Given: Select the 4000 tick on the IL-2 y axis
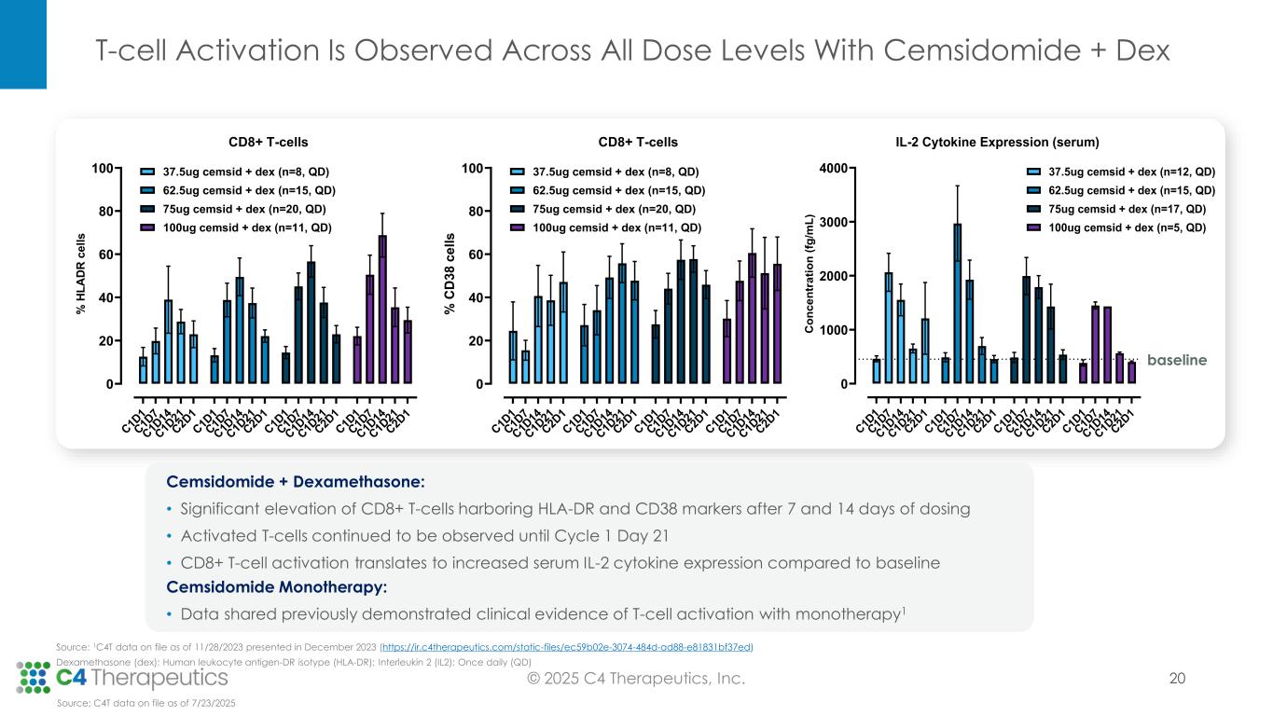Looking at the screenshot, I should (832, 169).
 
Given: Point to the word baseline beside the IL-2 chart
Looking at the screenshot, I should (1177, 360).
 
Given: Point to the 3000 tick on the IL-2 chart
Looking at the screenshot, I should (832, 222).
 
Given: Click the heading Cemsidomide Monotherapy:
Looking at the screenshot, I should (276, 587).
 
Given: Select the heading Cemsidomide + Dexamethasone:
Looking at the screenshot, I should (295, 482).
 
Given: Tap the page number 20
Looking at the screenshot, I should (1177, 679).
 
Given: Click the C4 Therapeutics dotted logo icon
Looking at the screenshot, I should (35, 676).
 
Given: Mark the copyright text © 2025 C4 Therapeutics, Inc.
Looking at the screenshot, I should (635, 679).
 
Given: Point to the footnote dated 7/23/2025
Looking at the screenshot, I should (146, 703).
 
